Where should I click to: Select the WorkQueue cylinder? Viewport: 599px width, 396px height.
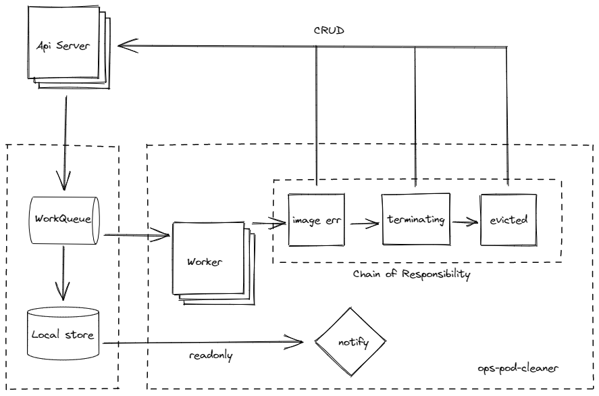[x=62, y=220]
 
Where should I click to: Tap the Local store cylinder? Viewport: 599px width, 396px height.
[x=62, y=335]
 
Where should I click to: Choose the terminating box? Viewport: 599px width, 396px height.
[x=415, y=220]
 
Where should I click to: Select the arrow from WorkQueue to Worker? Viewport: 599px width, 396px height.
[x=135, y=236]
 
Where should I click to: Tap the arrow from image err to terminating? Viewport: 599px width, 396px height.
[x=363, y=220]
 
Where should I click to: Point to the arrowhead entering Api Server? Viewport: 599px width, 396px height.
[x=125, y=46]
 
